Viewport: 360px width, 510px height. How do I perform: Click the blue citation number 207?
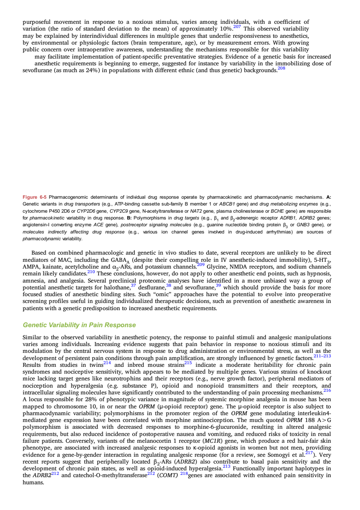pyautogui.click(x=237, y=27)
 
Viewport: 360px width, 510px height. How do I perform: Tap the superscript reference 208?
pyautogui.click(x=281, y=68)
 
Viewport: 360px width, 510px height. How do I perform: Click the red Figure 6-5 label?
pyautogui.click(x=34, y=197)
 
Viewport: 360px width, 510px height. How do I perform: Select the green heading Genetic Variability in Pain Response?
pyautogui.click(x=79, y=325)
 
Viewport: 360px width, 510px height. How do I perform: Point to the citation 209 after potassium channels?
pyautogui.click(x=201, y=264)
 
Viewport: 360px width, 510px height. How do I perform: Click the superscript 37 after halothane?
pyautogui.click(x=133, y=285)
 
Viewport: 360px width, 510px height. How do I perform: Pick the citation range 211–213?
pyautogui.click(x=322, y=356)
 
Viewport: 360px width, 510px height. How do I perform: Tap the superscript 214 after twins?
pyautogui.click(x=107, y=363)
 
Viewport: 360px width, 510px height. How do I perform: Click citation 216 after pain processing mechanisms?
pyautogui.click(x=327, y=390)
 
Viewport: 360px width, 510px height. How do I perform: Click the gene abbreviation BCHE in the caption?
pyautogui.click(x=277, y=211)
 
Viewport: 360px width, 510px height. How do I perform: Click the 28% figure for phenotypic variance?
pyautogui.click(x=91, y=400)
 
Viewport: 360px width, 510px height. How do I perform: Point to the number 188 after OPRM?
pyautogui.click(x=310, y=420)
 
